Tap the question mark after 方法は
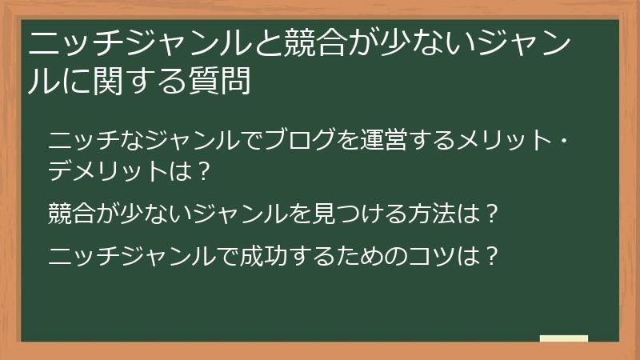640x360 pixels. pyautogui.click(x=494, y=214)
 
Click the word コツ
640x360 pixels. pyautogui.click(x=438, y=257)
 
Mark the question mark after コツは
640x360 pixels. pyautogui.click(x=494, y=257)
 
